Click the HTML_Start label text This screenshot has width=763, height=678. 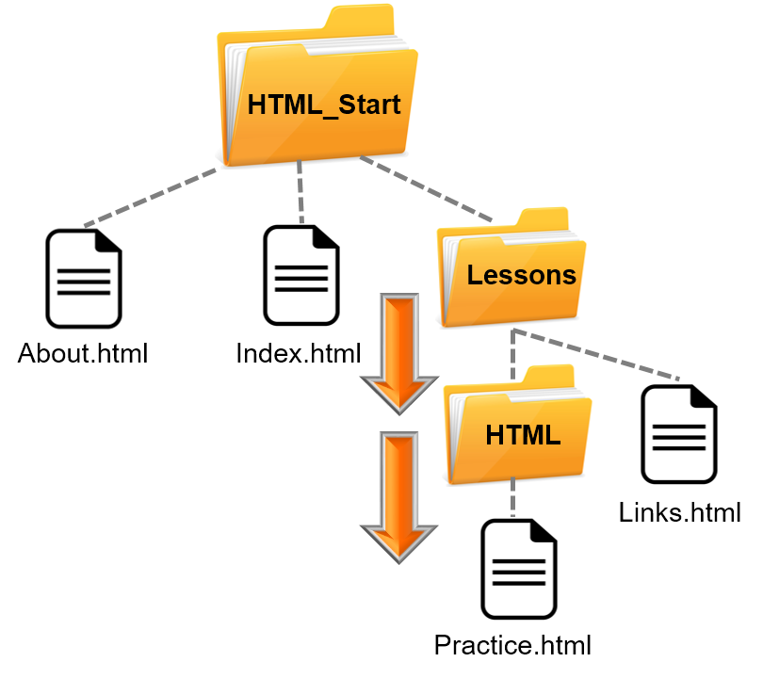[x=323, y=105]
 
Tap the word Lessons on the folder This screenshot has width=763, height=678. [x=521, y=275]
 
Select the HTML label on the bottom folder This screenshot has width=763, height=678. [x=523, y=435]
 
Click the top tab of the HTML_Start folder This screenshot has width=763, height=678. [x=359, y=20]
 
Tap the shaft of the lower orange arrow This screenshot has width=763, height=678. [x=398, y=476]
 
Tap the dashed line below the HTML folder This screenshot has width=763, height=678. [x=513, y=499]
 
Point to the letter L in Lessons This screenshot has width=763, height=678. [x=474, y=275]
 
